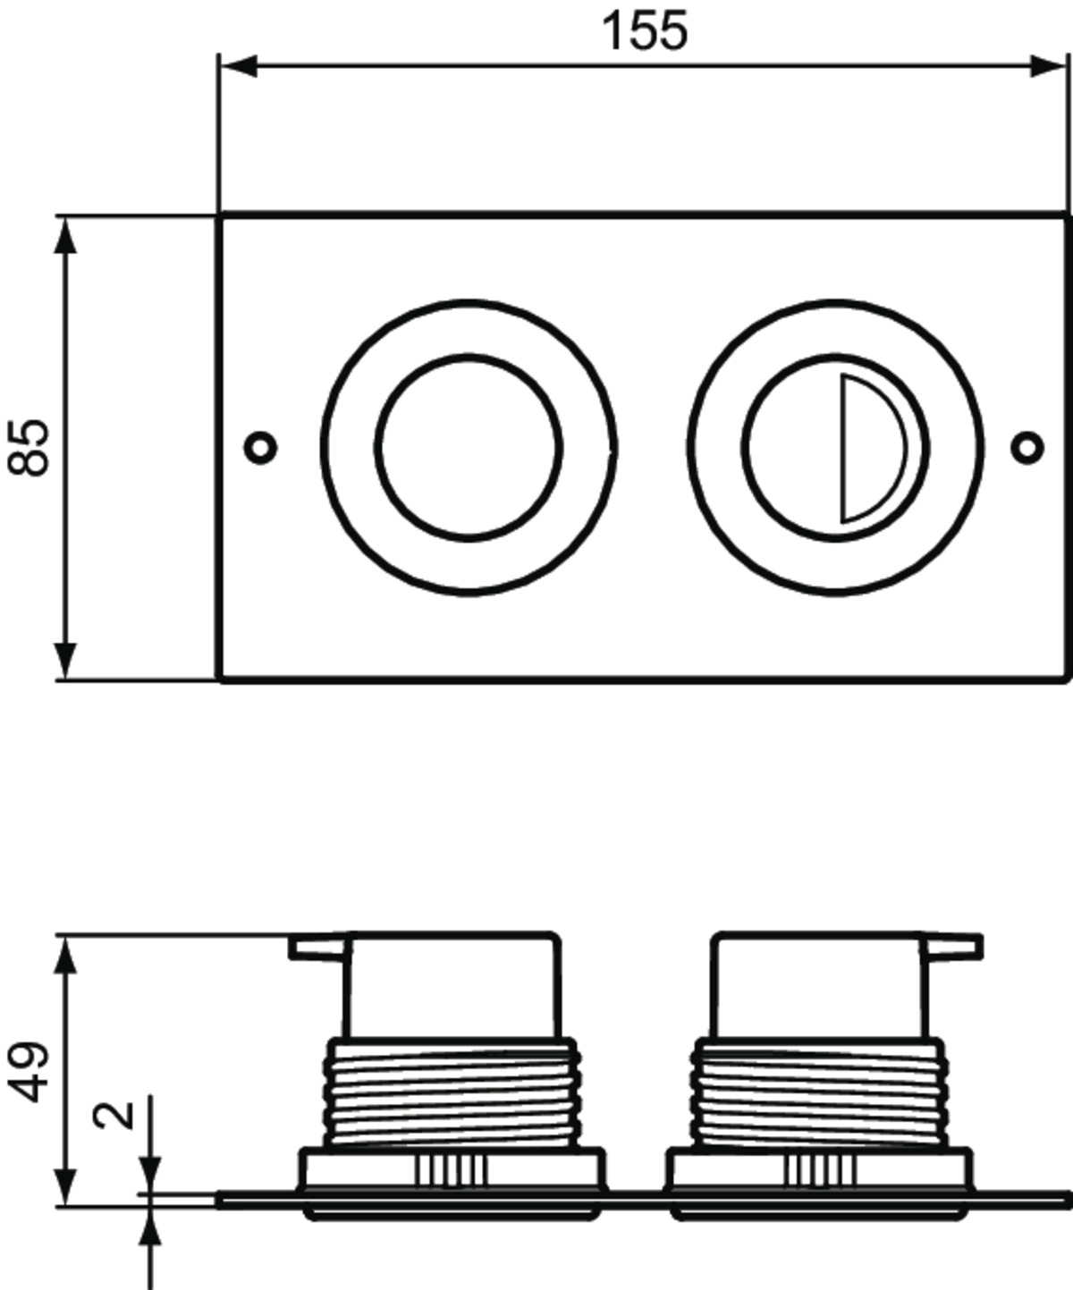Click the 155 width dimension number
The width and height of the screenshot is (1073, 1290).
(x=644, y=31)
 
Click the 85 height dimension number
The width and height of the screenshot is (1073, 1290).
(x=29, y=448)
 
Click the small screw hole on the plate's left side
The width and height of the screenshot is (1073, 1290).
(x=260, y=447)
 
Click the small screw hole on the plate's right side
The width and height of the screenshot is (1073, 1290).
(x=1028, y=447)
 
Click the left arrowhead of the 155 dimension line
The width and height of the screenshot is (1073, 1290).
(x=239, y=65)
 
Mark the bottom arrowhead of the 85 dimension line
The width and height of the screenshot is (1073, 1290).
(x=65, y=662)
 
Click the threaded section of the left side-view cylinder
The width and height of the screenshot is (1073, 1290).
(x=452, y=1092)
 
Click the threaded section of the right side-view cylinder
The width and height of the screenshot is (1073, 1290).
(x=819, y=1092)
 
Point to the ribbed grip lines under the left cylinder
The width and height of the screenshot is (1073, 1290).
(x=452, y=1169)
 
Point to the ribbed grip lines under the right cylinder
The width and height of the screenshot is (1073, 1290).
(x=821, y=1169)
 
